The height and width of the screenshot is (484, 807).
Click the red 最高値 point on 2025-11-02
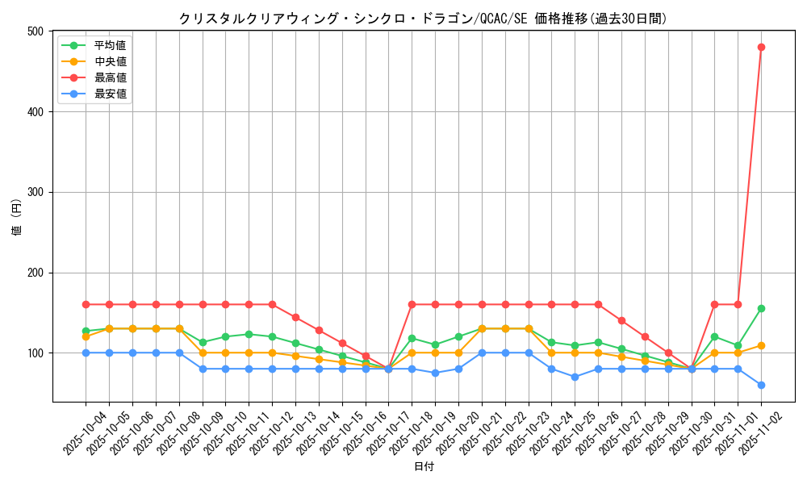point(761,47)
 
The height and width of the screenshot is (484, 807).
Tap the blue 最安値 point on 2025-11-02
point(761,385)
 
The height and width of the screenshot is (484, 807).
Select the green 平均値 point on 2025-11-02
point(761,308)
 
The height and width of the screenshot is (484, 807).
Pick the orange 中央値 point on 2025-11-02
point(761,345)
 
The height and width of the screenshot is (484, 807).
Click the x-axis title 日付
point(424,467)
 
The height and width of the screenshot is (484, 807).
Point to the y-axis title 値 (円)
point(16,216)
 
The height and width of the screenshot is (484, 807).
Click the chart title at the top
point(423,19)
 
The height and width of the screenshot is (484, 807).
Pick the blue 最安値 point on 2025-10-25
point(575,377)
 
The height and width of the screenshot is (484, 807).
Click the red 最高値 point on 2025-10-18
point(412,304)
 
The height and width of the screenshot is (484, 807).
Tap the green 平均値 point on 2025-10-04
point(86,331)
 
